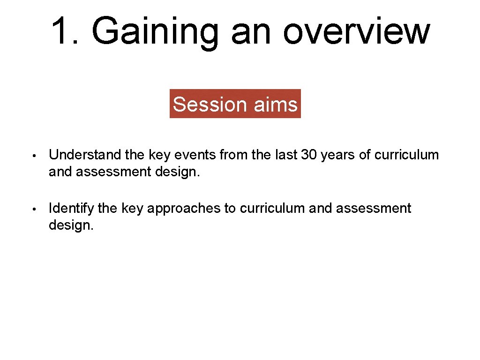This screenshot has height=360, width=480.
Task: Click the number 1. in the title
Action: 66,30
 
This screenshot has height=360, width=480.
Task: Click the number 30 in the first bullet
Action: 309,155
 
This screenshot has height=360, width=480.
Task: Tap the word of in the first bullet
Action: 364,155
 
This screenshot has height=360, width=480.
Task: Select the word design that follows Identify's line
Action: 70,225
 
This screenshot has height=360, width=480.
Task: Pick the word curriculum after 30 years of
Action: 407,155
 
